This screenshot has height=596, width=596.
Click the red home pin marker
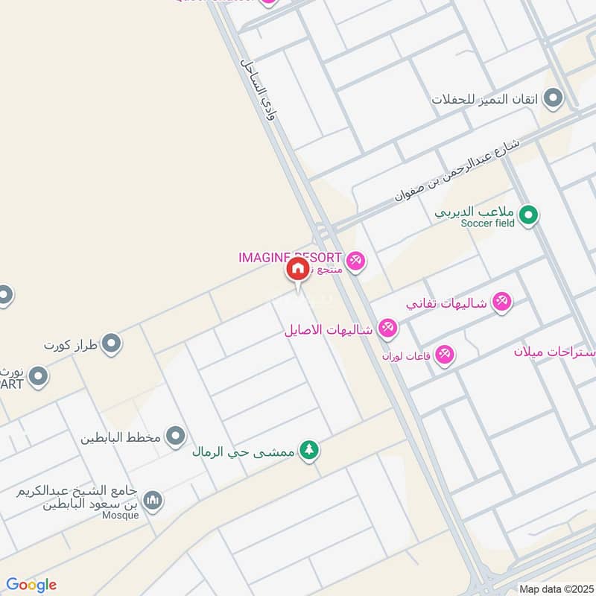(x=297, y=269)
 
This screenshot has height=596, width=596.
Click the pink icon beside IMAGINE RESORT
(x=356, y=260)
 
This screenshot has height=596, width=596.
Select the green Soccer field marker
(x=528, y=216)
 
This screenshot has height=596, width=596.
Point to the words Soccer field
(x=487, y=223)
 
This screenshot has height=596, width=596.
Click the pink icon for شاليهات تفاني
(x=502, y=302)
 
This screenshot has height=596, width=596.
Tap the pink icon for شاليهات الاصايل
(x=387, y=328)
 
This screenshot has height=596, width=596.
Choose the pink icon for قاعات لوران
(x=445, y=355)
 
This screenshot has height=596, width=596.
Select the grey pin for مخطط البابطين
(x=176, y=436)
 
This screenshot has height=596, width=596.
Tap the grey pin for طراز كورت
(x=112, y=344)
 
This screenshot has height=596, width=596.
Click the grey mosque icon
(x=153, y=500)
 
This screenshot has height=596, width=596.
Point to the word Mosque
(x=121, y=515)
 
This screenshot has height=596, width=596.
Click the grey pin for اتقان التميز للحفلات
(x=553, y=98)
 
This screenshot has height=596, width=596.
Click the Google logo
(x=31, y=584)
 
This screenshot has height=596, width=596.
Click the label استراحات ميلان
(x=555, y=351)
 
